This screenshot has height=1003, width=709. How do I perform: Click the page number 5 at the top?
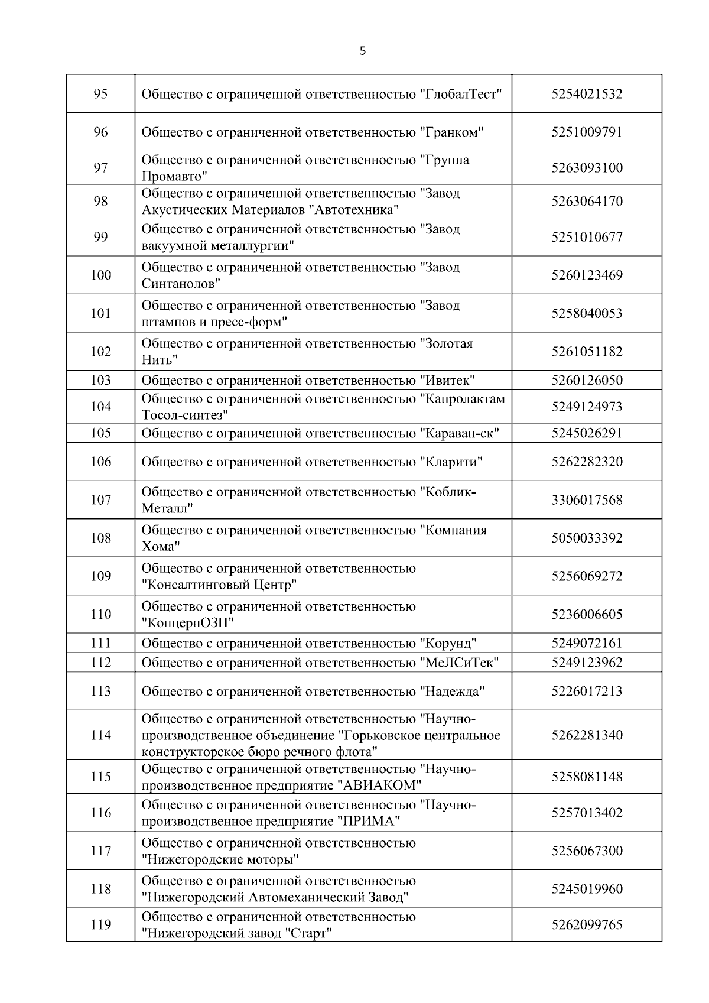(363, 51)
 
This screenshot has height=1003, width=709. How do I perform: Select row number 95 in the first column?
(101, 94)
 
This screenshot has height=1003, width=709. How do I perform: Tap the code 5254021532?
(587, 94)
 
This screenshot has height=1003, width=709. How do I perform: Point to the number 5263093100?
(587, 168)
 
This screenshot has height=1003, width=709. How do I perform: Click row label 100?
(101, 275)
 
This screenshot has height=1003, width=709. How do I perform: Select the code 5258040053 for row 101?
(587, 313)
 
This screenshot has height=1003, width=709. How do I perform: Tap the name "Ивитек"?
(447, 380)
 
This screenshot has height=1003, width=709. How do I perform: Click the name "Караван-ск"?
(459, 433)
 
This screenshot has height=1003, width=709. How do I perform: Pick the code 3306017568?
(587, 500)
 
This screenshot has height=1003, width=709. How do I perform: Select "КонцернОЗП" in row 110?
(188, 623)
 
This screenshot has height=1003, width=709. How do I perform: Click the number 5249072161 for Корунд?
(587, 643)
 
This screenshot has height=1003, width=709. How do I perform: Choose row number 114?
(101, 735)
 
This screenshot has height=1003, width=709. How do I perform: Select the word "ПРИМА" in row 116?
(369, 822)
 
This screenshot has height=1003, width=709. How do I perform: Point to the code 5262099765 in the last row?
(587, 925)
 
